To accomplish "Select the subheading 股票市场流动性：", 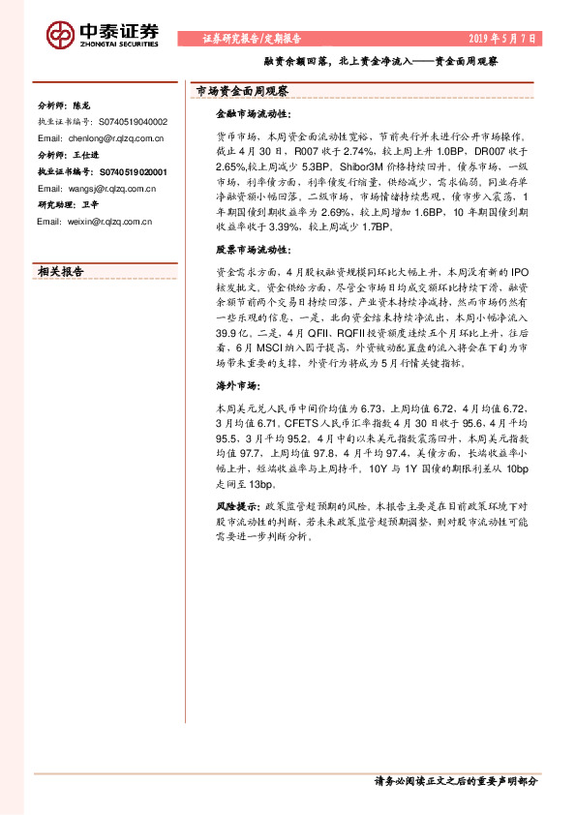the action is tap(245, 249).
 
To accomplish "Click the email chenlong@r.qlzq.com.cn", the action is tap(100, 138).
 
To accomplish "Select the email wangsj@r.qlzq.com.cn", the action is tap(96, 187).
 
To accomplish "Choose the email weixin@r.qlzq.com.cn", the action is tap(96, 222).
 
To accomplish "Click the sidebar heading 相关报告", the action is tap(60, 272).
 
